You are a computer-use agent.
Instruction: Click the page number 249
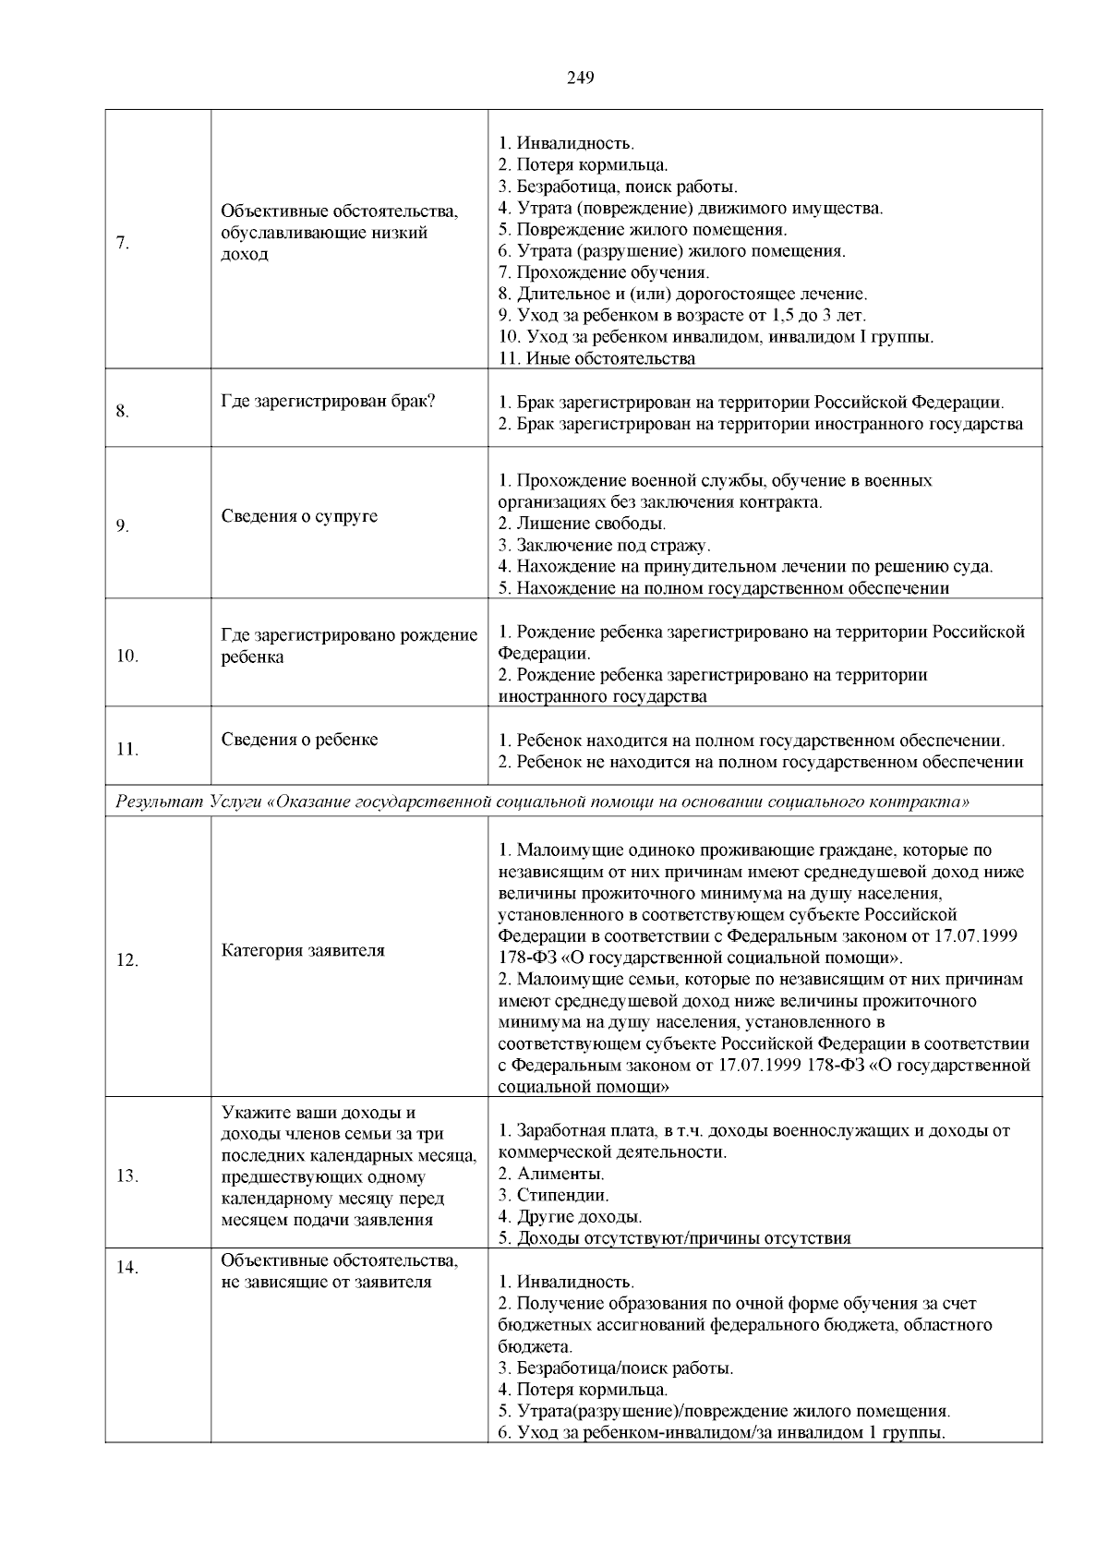click(580, 78)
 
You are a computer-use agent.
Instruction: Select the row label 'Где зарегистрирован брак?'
click(329, 401)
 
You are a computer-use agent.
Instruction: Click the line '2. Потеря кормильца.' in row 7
click(583, 165)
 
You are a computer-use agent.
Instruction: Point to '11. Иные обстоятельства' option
click(596, 358)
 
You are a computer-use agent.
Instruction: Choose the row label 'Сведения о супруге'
click(299, 516)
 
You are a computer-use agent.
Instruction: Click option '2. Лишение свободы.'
click(582, 524)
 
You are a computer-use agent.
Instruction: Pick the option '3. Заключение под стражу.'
click(604, 545)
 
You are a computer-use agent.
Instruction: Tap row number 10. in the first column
click(127, 657)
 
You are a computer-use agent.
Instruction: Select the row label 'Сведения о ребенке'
click(299, 740)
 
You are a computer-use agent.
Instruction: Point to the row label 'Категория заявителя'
click(303, 950)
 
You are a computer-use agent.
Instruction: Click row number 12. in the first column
click(127, 960)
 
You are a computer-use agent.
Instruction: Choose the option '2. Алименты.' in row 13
click(551, 1174)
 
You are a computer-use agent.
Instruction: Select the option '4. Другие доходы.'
click(570, 1216)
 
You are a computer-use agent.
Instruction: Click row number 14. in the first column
click(127, 1268)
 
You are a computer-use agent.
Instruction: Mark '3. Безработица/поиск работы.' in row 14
click(616, 1368)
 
